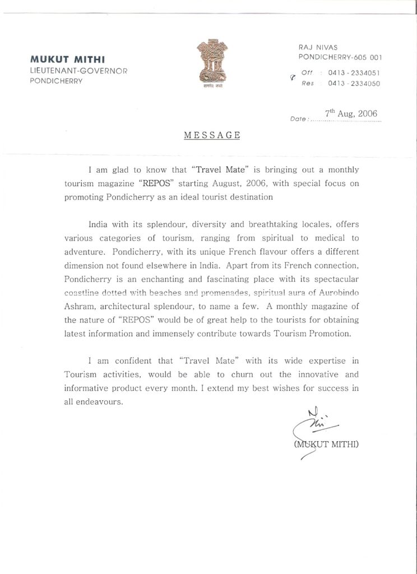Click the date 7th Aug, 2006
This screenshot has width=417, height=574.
(x=352, y=113)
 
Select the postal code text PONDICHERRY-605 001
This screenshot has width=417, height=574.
(x=340, y=57)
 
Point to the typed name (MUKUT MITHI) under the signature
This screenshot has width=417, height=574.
(x=326, y=445)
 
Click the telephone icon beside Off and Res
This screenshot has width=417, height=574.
(x=292, y=78)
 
